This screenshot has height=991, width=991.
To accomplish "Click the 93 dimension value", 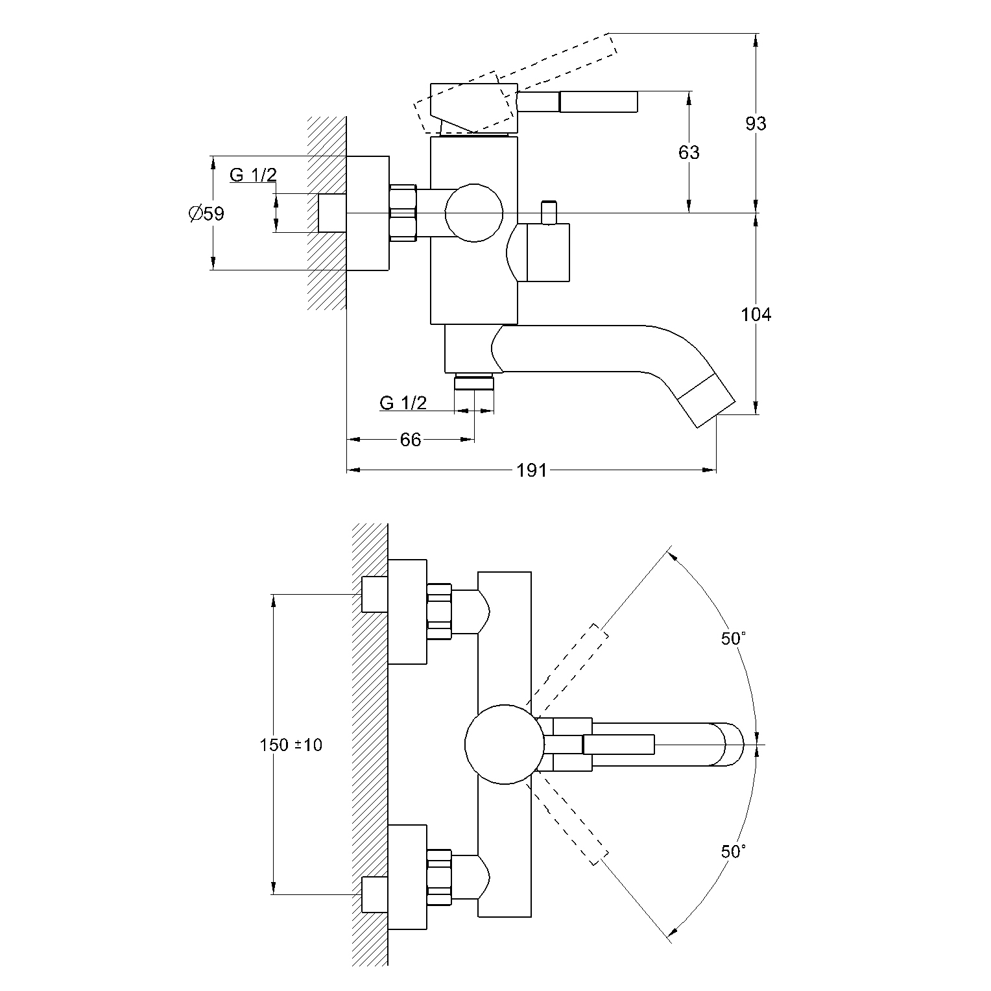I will tap(756, 123).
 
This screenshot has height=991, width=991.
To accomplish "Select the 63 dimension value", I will tap(689, 152).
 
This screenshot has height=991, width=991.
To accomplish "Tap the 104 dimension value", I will tap(756, 315).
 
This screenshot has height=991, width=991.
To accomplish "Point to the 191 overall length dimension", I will tap(532, 470).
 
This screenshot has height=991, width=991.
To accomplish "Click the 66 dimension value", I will tap(411, 440).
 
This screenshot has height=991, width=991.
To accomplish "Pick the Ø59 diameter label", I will tap(206, 213).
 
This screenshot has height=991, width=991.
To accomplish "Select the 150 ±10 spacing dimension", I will tap(291, 745).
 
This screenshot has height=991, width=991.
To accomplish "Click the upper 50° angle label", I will tap(734, 639).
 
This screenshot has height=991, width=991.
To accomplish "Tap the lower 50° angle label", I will tap(734, 852).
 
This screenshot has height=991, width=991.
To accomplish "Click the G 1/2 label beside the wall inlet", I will tap(253, 175).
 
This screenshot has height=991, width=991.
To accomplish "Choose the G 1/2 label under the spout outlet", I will tap(403, 403).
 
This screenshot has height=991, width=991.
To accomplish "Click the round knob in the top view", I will tap(503, 745).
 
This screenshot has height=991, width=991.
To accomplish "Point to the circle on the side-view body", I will tap(474, 213).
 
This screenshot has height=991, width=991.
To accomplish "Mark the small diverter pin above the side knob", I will tap(549, 213).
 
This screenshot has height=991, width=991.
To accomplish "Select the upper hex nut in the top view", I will tap(439, 612).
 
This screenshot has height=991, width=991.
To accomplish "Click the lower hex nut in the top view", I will tap(439, 877).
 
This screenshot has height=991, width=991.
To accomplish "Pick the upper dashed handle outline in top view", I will tap(567, 668).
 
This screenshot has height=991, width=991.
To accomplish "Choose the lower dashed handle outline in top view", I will tap(567, 821).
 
